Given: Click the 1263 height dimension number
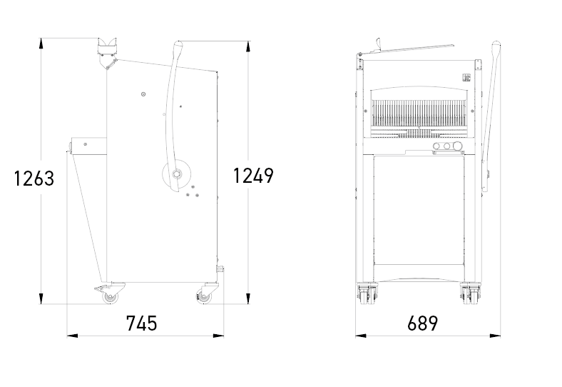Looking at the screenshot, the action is (x=34, y=179).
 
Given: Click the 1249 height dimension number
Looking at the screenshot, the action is (x=253, y=176).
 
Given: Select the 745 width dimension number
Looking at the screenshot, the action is (x=142, y=323).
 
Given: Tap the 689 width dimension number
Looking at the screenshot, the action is (x=423, y=323).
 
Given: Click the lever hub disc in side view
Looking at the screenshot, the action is (x=176, y=174).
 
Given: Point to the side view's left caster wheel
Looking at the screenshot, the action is (x=110, y=297).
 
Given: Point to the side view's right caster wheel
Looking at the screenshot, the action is (x=203, y=297).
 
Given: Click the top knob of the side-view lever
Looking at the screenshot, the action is (x=178, y=46).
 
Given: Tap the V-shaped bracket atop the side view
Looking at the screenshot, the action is (x=107, y=52).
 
